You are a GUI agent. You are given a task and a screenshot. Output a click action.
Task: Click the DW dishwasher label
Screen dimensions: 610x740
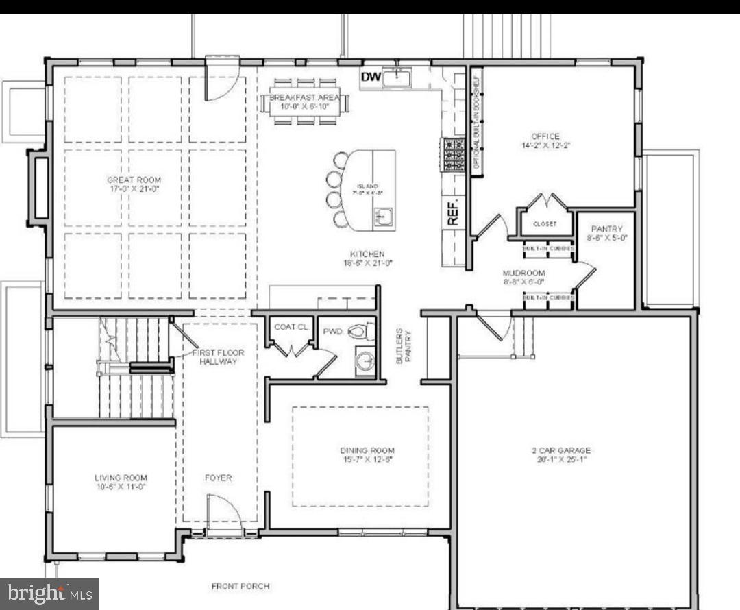pos(371,77)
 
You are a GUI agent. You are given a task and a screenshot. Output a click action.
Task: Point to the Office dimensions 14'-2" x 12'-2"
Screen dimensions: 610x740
pos(545,145)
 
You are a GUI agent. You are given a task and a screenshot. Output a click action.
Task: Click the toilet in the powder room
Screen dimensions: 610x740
pos(360,332)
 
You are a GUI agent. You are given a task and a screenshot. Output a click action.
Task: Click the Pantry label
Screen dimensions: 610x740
pos(606,229)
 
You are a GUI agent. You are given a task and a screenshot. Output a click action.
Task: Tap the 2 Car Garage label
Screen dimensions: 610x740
pos(560,450)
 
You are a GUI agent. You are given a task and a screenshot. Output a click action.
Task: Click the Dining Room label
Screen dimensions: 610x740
pos(367,450)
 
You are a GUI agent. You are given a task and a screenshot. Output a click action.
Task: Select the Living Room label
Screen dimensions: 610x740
pos(121,478)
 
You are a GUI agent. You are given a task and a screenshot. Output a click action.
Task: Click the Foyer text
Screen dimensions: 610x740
pos(219,478)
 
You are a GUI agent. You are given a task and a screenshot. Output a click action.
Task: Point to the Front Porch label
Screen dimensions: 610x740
pos(240,586)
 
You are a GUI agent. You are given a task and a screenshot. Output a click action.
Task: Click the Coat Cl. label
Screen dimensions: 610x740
pos(291,327)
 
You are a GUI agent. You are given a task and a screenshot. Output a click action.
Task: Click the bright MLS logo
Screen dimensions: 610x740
pos(49,594)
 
